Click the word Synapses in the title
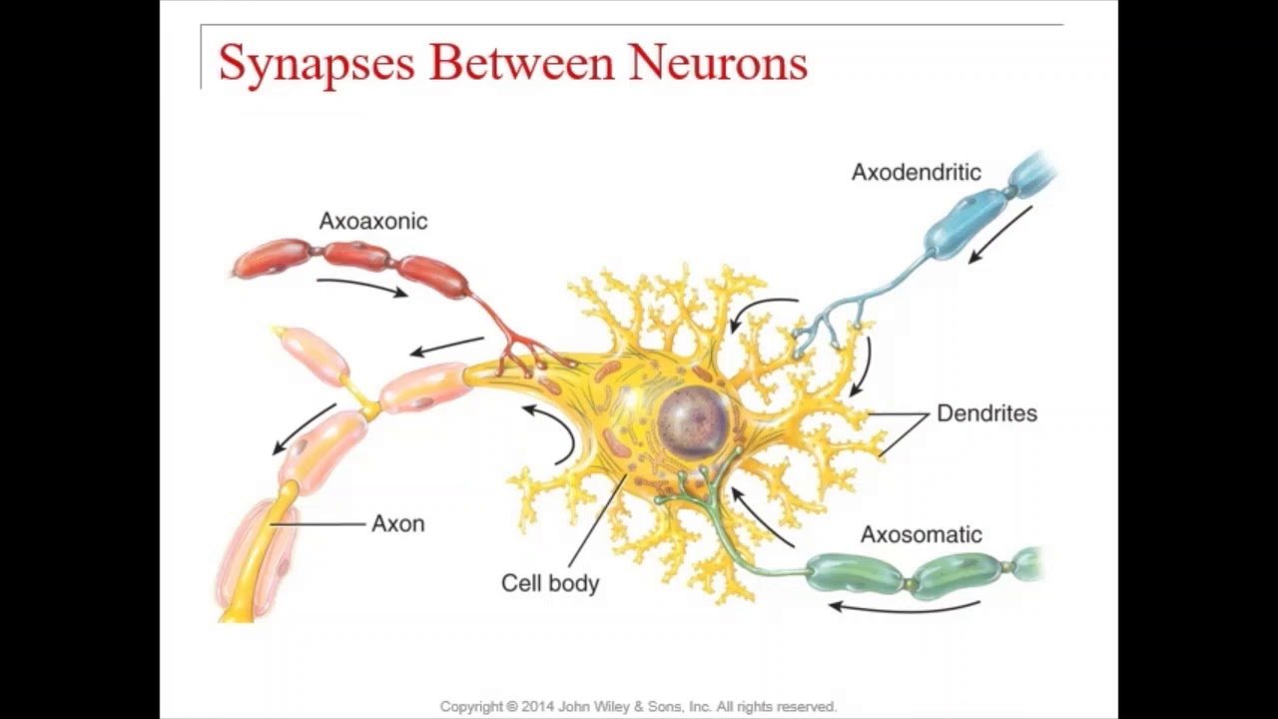316,64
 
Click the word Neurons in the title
718,62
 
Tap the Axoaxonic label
373,222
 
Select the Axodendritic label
916,173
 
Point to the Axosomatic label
921,535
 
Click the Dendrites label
986,413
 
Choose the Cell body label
549,583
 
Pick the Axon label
397,524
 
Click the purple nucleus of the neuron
693,422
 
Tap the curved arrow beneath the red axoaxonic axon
361,286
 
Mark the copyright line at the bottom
638,707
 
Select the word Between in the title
522,62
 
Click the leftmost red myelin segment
273,258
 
